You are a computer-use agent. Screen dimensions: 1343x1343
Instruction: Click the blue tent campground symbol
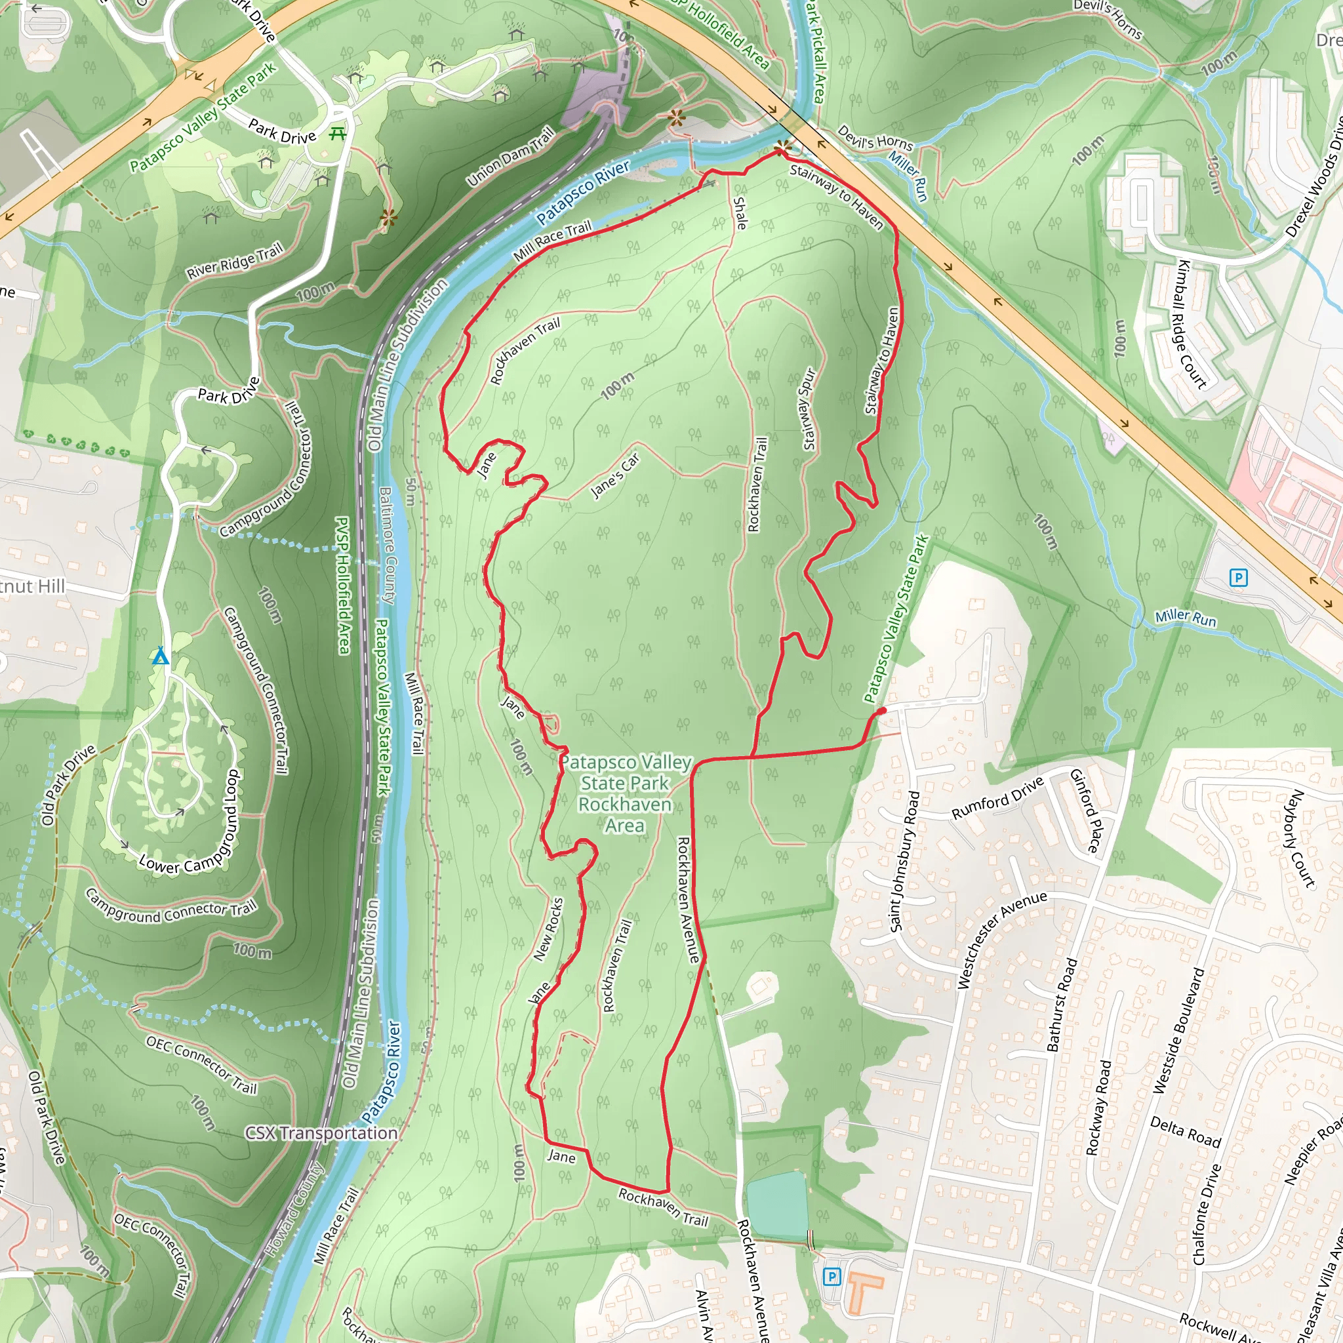click(161, 656)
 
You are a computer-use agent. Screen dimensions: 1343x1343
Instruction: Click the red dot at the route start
click(881, 710)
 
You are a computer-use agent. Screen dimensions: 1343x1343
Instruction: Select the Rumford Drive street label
click(997, 797)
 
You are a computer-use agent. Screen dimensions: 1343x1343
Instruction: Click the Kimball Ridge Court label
click(1192, 324)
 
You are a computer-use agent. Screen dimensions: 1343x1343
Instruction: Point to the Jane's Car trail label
click(614, 476)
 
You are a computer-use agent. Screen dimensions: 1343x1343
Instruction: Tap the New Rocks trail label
click(548, 929)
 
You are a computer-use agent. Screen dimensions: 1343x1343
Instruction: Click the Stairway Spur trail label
click(809, 409)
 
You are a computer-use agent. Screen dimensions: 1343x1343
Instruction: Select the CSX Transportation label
click(321, 1133)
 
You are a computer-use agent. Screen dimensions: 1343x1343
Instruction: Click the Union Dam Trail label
click(511, 157)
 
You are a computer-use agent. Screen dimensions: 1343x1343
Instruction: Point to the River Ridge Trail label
click(235, 261)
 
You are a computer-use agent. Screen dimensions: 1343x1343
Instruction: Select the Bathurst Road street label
click(1062, 1004)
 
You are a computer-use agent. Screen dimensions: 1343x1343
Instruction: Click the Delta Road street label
click(1185, 1132)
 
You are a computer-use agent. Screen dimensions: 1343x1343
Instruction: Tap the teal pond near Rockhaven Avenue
click(776, 1205)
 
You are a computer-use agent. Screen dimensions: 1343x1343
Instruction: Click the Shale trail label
click(740, 213)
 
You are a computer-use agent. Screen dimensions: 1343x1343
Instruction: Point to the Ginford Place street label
click(1085, 811)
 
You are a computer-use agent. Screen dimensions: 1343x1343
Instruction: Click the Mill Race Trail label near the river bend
click(552, 241)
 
